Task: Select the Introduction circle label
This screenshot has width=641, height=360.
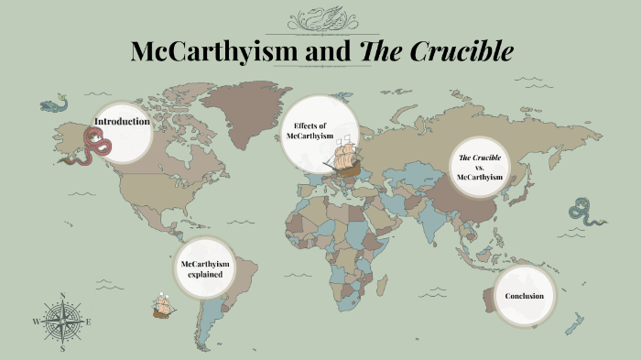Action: pos(123,122)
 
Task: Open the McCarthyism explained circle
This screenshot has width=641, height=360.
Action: pos(205,269)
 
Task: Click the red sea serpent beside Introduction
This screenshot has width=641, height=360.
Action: pos(95,141)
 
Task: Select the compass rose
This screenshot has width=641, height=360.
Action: pos(62,322)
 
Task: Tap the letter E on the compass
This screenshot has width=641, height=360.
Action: pos(88,322)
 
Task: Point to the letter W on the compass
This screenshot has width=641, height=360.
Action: pos(37,322)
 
